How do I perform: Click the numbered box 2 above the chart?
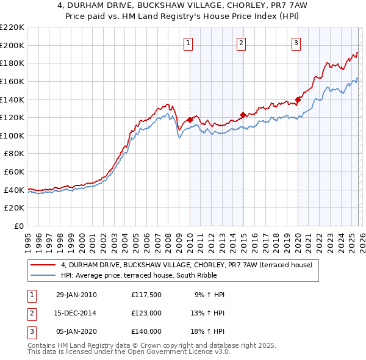(242, 43)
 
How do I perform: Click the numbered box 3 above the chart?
(296, 43)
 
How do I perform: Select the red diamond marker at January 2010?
(190, 120)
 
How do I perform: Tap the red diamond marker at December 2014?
(243, 115)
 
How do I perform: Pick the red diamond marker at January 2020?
(298, 99)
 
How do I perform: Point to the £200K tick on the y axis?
(12, 45)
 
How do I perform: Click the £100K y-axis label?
(12, 135)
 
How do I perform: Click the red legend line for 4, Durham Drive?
(43, 265)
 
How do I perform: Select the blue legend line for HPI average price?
(43, 275)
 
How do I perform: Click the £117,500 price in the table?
(146, 295)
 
